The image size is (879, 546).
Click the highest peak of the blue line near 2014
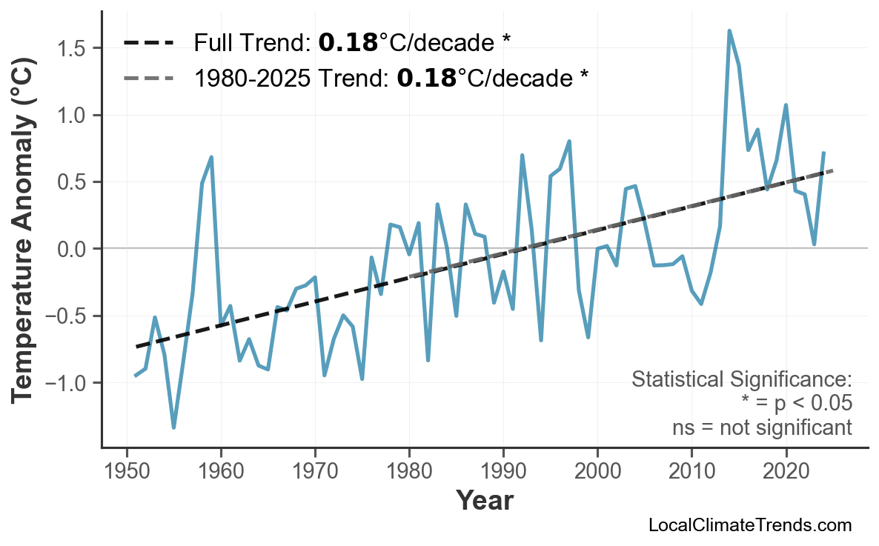pos(729,31)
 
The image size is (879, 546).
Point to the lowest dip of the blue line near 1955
pos(173,427)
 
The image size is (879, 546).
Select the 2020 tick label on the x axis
pos(786,473)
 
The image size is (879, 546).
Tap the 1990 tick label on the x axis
pos(503,473)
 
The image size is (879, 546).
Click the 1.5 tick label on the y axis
pos(74,48)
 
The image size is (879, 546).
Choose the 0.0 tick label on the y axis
pos(74,249)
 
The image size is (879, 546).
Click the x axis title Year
pos(484,501)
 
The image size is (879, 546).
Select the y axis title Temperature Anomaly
pos(24,244)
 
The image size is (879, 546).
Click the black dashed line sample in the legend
pos(148,43)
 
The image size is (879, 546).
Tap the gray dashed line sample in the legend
pos(148,78)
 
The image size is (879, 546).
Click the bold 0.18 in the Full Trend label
pos(348,43)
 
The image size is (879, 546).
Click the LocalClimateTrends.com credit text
pos(749,525)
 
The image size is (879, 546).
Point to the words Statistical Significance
pos(741,380)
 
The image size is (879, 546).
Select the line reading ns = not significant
pos(761,427)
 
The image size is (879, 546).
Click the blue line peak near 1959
pos(211,157)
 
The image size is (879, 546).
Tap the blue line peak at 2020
pos(786,105)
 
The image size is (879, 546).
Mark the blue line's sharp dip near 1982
pos(428,360)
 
